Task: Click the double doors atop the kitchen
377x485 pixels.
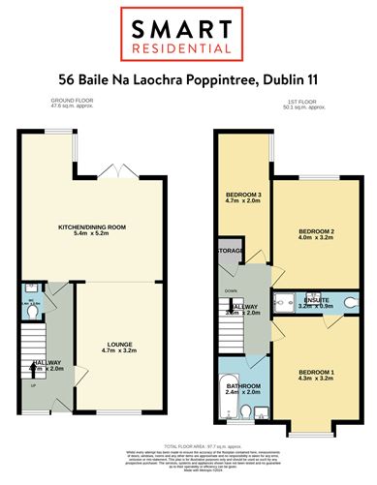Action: (116, 167)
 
